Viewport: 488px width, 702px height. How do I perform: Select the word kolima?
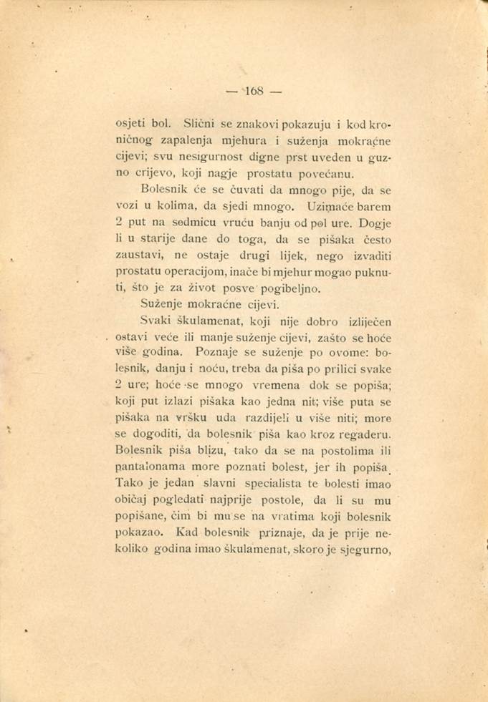click(189, 208)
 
